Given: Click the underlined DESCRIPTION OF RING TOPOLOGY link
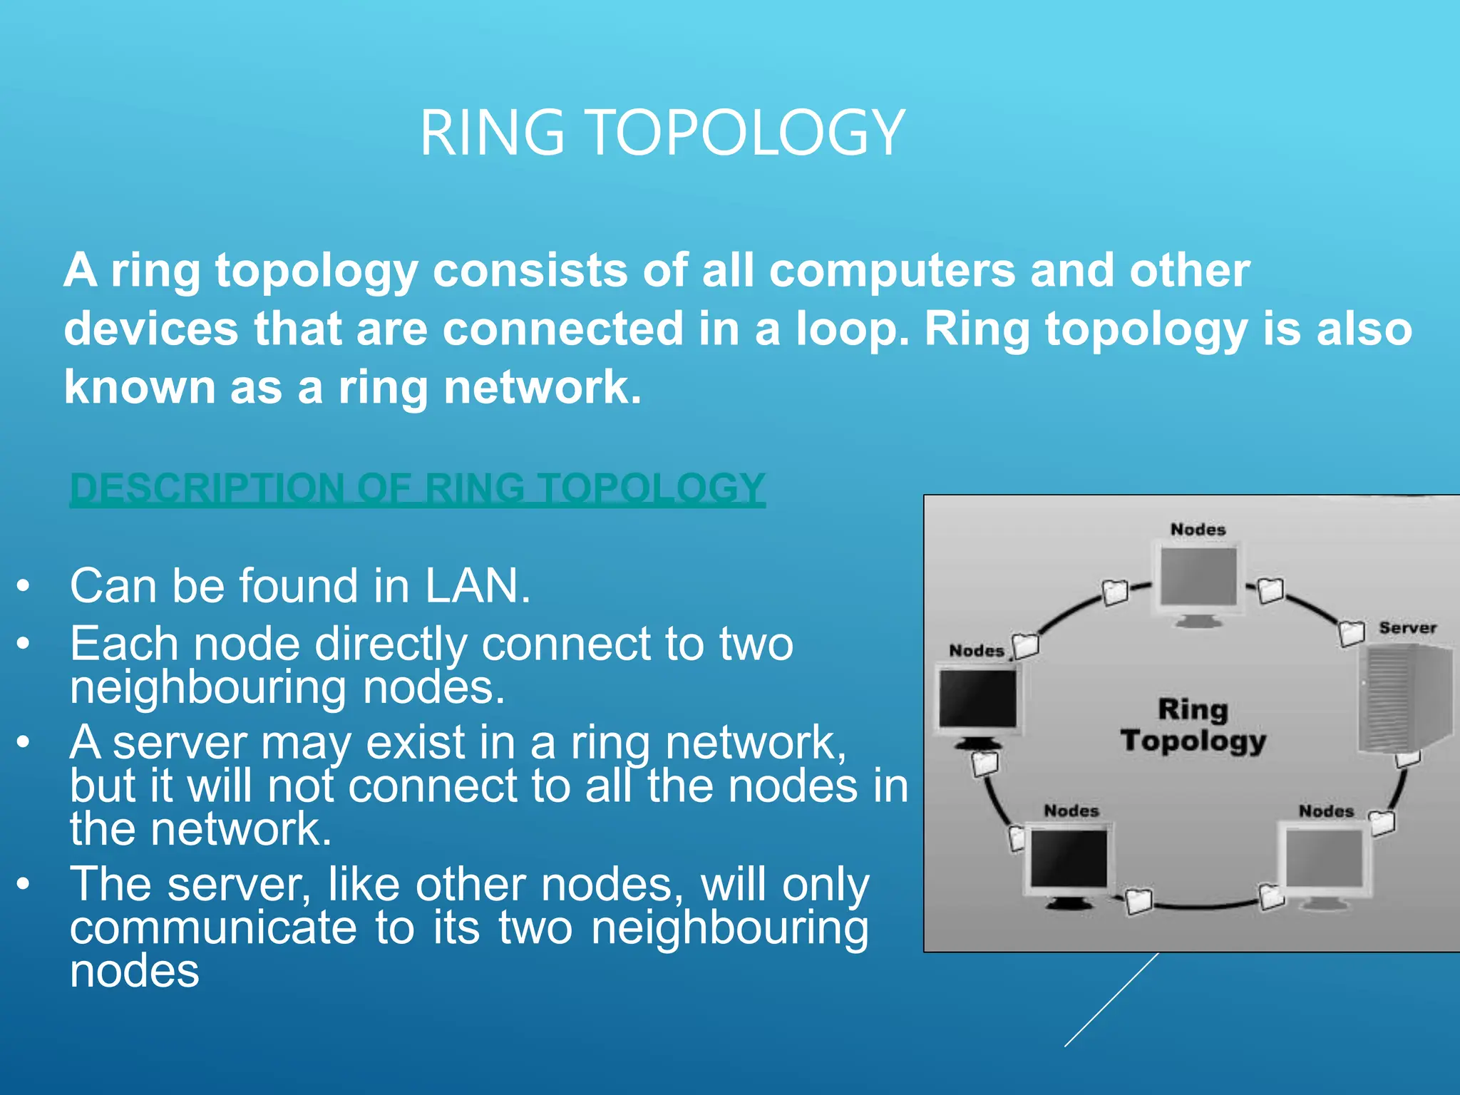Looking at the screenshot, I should [417, 489].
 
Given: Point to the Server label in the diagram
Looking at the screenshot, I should [1407, 628].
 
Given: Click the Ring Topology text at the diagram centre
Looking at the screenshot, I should [1193, 725].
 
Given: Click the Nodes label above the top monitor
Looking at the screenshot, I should [1198, 530].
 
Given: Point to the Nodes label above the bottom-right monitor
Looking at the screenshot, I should [1325, 811].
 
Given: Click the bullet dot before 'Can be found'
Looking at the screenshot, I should [24, 586].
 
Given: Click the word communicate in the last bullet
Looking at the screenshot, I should [213, 928].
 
